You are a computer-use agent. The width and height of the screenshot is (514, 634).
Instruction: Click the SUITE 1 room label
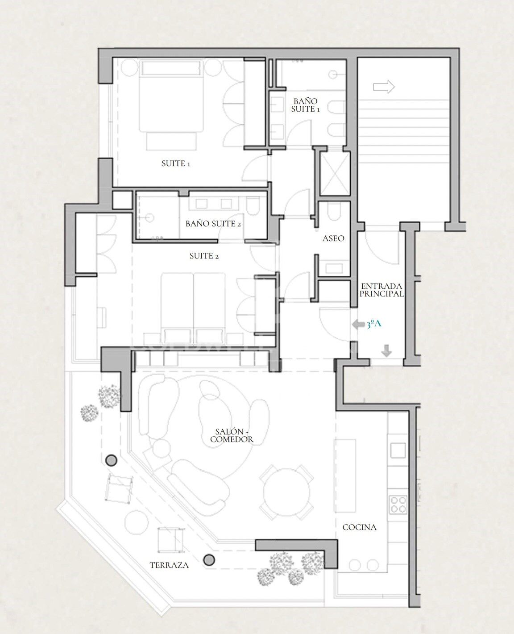click(175, 163)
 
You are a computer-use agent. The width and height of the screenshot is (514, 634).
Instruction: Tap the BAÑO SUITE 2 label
click(213, 224)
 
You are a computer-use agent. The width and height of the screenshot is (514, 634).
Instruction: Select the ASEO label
click(333, 238)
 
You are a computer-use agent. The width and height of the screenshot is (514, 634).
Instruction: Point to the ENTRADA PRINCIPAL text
click(381, 290)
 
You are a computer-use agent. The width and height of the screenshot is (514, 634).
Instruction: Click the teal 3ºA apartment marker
click(373, 324)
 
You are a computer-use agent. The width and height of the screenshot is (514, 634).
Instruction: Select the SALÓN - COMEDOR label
click(232, 435)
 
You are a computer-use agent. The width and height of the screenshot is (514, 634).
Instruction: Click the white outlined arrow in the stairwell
click(384, 87)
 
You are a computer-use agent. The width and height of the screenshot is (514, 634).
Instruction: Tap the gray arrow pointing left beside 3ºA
click(358, 325)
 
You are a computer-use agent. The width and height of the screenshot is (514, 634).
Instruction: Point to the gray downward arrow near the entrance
click(386, 350)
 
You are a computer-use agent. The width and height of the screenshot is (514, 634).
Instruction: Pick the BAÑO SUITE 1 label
click(306, 105)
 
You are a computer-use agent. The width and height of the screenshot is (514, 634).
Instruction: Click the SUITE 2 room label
click(204, 256)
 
